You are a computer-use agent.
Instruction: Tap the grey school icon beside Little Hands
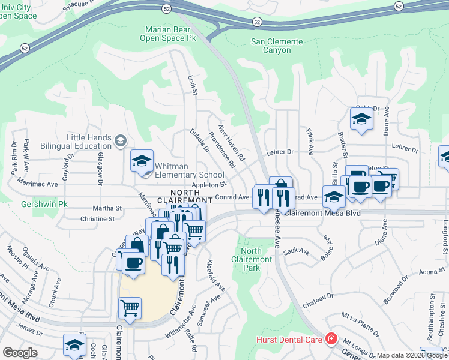pyautogui.click(x=121, y=141)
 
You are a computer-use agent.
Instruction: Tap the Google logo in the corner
pyautogui.click(x=20, y=352)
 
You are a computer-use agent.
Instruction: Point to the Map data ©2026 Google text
pyautogui.click(x=411, y=356)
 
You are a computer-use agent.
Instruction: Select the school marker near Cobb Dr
pyautogui.click(x=361, y=119)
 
